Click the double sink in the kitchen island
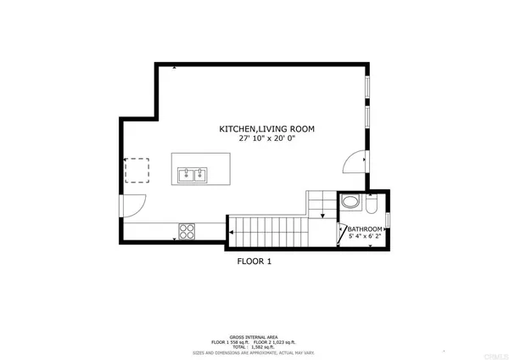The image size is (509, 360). pos(191,176)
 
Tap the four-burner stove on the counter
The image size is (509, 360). pos(187,230)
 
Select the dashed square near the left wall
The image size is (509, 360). pos(137,171)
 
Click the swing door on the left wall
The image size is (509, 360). pos(134,205)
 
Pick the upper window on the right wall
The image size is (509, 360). pos(367,88)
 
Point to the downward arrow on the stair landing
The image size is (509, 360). pos(326,216)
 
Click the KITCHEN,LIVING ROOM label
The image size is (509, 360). pos(266,129)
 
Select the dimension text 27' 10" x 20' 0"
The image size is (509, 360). pos(266,139)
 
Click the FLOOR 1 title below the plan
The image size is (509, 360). pos(254,262)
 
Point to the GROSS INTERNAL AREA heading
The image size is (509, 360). pos(255,330)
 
